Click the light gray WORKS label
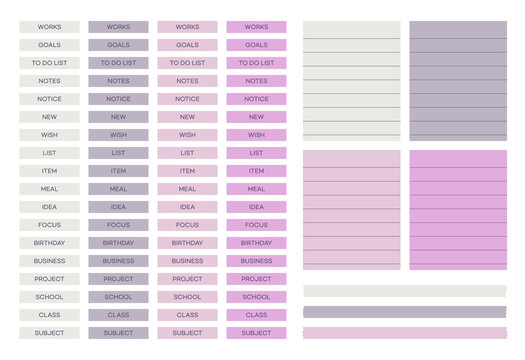49,27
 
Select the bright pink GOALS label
256,45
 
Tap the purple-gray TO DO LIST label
118,63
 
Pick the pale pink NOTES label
187,81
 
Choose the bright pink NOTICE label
256,99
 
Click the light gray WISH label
49,135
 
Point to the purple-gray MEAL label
118,189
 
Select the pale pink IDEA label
187,207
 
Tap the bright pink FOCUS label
256,225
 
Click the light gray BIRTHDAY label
49,243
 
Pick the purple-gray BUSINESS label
118,261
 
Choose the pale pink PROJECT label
187,279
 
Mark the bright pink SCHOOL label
256,297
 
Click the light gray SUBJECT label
49,333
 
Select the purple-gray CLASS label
118,315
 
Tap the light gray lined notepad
351,81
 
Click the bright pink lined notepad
457,210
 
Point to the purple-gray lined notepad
457,81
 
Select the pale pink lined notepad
351,210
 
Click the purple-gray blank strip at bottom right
404,312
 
